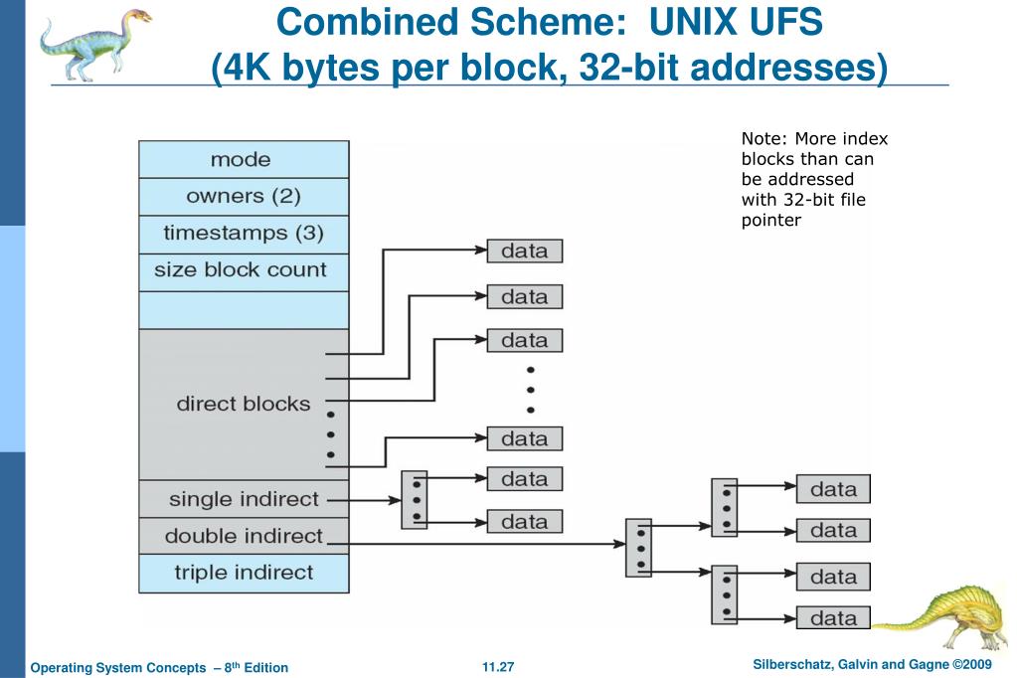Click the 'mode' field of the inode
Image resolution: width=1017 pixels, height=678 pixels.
(x=244, y=160)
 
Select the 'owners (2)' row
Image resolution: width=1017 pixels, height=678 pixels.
(x=244, y=197)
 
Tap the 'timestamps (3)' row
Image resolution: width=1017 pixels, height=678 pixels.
(x=244, y=234)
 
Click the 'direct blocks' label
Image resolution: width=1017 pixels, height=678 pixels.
(x=244, y=404)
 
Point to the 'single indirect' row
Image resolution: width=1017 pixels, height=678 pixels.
(x=244, y=499)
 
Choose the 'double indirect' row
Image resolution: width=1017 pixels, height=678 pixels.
(x=244, y=536)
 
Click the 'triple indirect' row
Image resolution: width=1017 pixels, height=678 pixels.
(x=244, y=573)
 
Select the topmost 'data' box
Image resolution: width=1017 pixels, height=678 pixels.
(x=525, y=252)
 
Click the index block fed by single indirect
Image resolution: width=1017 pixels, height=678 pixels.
(x=415, y=500)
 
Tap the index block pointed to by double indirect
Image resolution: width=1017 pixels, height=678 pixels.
(x=638, y=548)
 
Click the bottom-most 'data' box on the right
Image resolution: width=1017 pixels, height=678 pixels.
(x=833, y=617)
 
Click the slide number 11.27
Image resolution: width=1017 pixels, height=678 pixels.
(x=498, y=667)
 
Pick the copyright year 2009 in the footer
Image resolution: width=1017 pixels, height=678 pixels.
(x=977, y=664)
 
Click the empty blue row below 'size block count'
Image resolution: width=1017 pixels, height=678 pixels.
(x=244, y=310)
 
